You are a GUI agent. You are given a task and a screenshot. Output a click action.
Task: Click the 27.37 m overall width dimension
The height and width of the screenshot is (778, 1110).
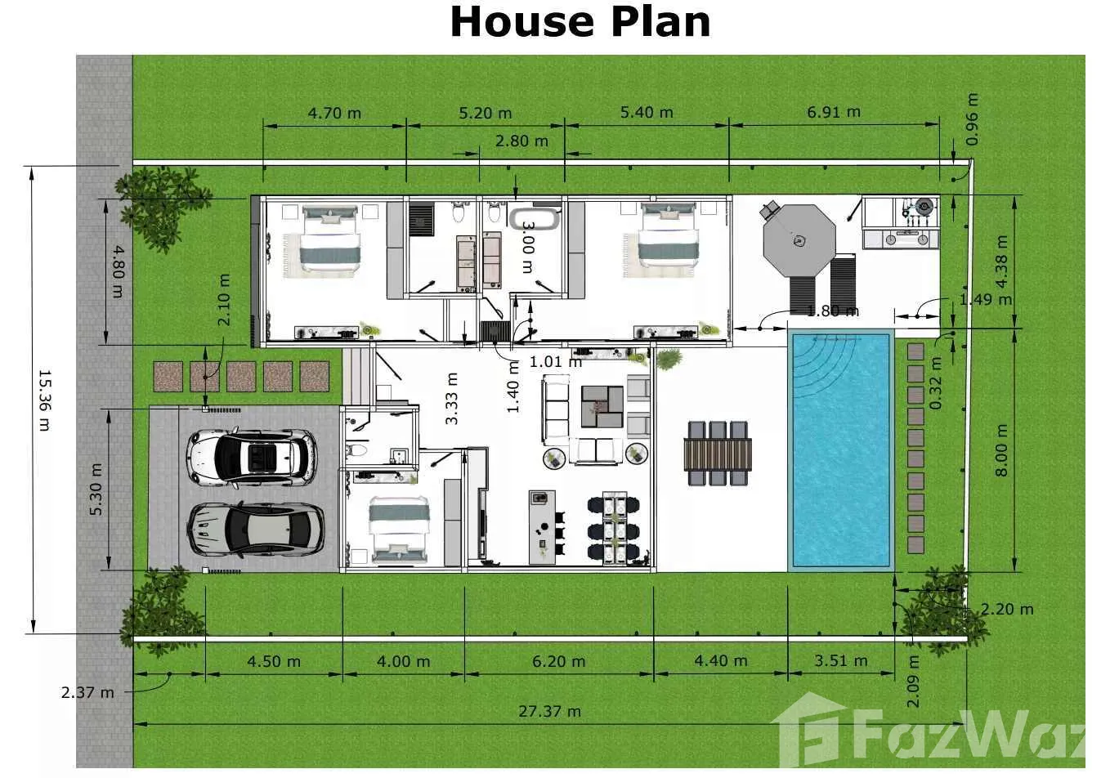tap(549, 712)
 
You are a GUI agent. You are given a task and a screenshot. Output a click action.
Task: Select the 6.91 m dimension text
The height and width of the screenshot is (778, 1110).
tap(834, 112)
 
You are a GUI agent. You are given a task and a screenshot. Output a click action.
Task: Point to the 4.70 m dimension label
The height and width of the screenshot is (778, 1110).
tap(334, 113)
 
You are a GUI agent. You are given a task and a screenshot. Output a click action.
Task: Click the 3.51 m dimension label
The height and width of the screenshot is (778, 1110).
tap(841, 660)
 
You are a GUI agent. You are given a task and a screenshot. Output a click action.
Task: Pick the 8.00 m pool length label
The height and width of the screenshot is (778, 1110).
tap(1001, 450)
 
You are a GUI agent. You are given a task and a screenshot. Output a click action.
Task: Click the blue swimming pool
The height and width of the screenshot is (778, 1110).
tap(841, 450)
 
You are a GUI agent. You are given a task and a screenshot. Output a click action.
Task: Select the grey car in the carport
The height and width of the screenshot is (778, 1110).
tap(256, 530)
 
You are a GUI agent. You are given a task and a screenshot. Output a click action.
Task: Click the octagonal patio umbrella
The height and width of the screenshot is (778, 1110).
tap(799, 241)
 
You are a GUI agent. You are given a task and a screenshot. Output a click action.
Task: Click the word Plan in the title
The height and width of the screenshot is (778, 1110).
tap(660, 23)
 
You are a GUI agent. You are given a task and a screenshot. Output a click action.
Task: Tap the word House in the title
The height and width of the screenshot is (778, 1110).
tap(522, 22)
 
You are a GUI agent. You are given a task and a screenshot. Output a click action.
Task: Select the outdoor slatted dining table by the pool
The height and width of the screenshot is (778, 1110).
tap(718, 454)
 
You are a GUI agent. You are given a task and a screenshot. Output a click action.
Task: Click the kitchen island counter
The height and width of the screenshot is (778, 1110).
tap(542, 527)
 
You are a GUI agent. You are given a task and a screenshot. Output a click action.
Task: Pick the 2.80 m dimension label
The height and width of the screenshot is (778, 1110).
tap(521, 141)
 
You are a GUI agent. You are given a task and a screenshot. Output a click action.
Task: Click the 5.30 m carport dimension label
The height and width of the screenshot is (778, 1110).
tap(96, 490)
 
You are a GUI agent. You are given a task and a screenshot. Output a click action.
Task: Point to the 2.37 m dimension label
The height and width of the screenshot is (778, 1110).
tap(87, 693)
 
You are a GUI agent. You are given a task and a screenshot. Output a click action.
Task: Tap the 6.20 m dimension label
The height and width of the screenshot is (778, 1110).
tap(559, 661)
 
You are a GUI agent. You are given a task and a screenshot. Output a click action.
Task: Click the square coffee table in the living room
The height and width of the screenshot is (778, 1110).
tap(602, 407)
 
